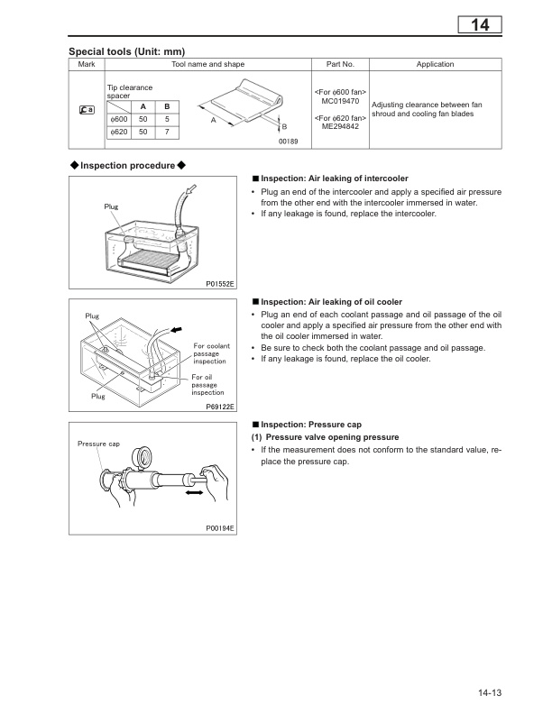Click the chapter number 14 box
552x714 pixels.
(x=479, y=25)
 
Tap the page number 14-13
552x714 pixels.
(x=484, y=692)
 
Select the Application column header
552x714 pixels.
(x=434, y=65)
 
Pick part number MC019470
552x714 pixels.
(x=339, y=101)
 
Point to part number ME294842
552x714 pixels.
(x=339, y=128)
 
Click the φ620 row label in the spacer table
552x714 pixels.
(x=118, y=133)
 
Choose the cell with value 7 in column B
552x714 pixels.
(x=167, y=133)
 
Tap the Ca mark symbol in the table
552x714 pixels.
(x=87, y=110)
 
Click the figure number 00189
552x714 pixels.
(x=287, y=141)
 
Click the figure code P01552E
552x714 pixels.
(x=220, y=284)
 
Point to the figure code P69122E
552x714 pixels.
(x=220, y=407)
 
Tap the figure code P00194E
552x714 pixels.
(x=220, y=528)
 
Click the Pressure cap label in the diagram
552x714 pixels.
(x=98, y=444)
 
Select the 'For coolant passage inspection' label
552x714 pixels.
(x=211, y=353)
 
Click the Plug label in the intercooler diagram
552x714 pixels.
(x=111, y=207)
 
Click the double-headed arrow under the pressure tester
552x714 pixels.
(x=193, y=495)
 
